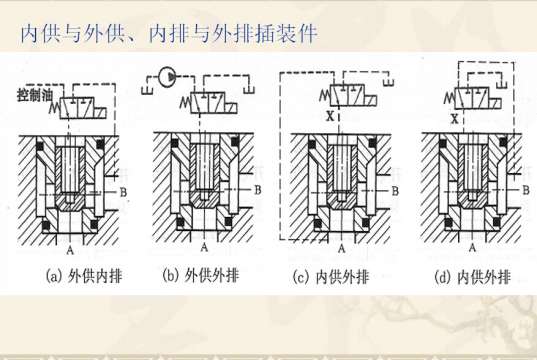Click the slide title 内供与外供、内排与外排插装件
click(169, 34)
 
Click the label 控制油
click(32, 96)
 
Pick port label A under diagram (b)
click(203, 246)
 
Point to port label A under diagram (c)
click(341, 246)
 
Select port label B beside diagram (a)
click(122, 189)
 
